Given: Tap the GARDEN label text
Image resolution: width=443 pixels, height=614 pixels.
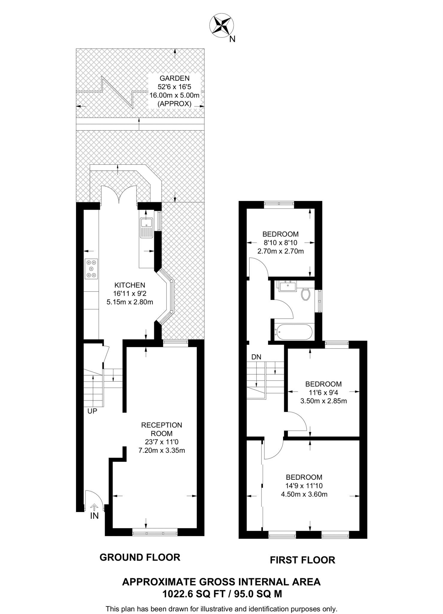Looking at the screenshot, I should click(175, 79).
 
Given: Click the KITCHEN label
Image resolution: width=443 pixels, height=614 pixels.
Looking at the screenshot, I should click(130, 285).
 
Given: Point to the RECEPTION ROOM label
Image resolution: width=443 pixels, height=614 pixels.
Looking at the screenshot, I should click(161, 429).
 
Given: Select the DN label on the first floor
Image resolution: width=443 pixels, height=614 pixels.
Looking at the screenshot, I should click(256, 357).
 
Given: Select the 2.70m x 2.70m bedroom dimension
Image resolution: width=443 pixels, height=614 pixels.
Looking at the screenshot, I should click(281, 251).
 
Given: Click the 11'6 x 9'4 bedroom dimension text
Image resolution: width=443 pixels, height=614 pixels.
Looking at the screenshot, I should click(323, 392).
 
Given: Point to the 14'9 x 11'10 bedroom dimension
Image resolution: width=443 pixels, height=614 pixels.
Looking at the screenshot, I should click(304, 486).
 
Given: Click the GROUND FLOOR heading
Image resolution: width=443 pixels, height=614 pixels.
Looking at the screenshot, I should click(140, 557).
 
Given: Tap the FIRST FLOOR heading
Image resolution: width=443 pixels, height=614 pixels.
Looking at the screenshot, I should click(303, 560).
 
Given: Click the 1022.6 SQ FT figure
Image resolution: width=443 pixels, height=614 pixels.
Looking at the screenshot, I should click(193, 594).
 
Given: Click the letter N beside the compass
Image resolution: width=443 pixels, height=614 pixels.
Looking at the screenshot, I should click(232, 39).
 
